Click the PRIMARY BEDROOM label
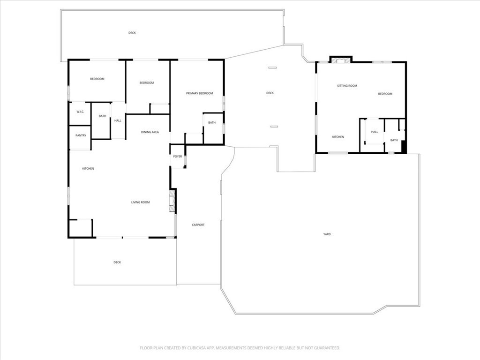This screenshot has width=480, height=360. pyautogui.click(x=199, y=93)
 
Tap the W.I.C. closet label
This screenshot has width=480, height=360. pyautogui.click(x=80, y=111)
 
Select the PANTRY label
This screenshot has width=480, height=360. pyautogui.click(x=81, y=135)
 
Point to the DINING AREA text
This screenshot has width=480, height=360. pyautogui.click(x=150, y=132)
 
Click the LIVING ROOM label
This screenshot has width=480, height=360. pyautogui.click(x=140, y=202)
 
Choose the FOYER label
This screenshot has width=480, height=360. pyautogui.click(x=178, y=156)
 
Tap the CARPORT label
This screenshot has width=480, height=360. pyautogui.click(x=198, y=225)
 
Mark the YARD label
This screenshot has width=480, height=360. pyautogui.click(x=327, y=234)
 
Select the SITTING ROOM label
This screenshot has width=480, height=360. pyautogui.click(x=347, y=86)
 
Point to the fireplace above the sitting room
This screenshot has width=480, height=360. pyautogui.click(x=340, y=60)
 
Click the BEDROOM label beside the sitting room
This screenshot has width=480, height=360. pyautogui.click(x=385, y=94)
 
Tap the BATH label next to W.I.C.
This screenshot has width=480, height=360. pyautogui.click(x=102, y=116)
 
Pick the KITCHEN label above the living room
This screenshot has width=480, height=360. pyautogui.click(x=88, y=168)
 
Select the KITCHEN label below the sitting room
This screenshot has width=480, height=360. pyautogui.click(x=338, y=137)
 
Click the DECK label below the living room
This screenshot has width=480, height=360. pyautogui.click(x=117, y=262)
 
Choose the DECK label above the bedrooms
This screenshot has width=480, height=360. pyautogui.click(x=132, y=33)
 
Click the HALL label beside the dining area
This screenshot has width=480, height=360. pyautogui.click(x=118, y=120)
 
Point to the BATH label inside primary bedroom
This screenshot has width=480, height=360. pyautogui.click(x=212, y=123)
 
